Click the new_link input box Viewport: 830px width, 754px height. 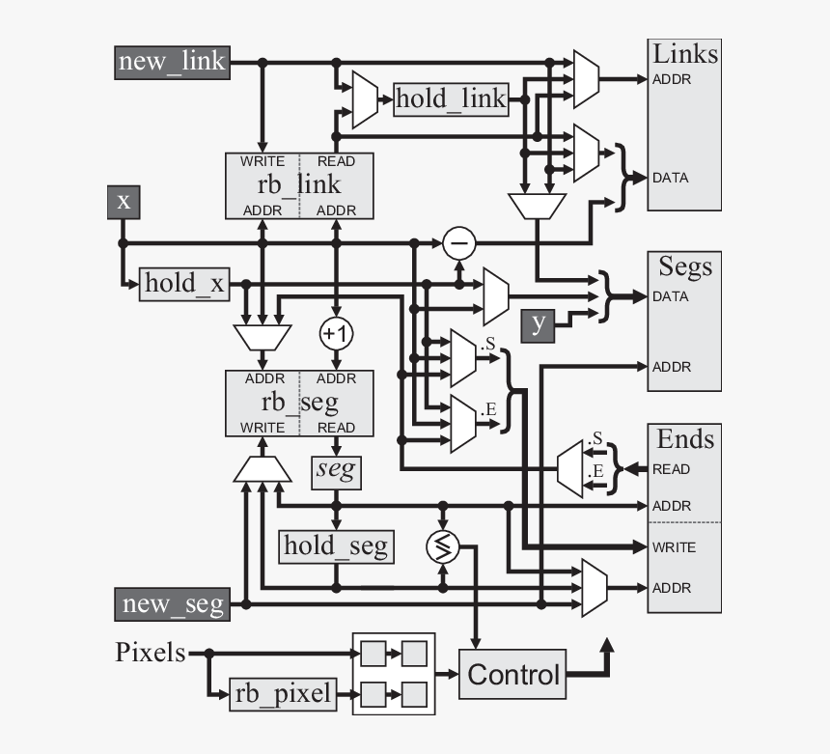click(171, 62)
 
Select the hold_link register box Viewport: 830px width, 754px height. click(451, 98)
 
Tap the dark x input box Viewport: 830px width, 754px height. click(124, 201)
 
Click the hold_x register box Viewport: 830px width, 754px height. click(183, 284)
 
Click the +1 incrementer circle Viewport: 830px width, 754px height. click(335, 333)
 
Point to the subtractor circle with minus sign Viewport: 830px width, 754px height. click(459, 242)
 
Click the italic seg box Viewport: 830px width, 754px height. click(335, 471)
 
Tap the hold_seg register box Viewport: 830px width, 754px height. click(336, 546)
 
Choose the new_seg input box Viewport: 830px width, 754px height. click(173, 604)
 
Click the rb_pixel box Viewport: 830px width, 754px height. click(283, 693)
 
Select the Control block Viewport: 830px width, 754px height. click(512, 674)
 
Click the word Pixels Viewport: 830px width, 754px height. click(151, 653)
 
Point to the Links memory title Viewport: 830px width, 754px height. click(684, 53)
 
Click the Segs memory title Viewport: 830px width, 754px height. click(684, 265)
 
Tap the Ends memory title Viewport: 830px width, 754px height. click(684, 439)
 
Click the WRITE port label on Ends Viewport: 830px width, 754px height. click(673, 547)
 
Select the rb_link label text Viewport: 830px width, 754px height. click(299, 185)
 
